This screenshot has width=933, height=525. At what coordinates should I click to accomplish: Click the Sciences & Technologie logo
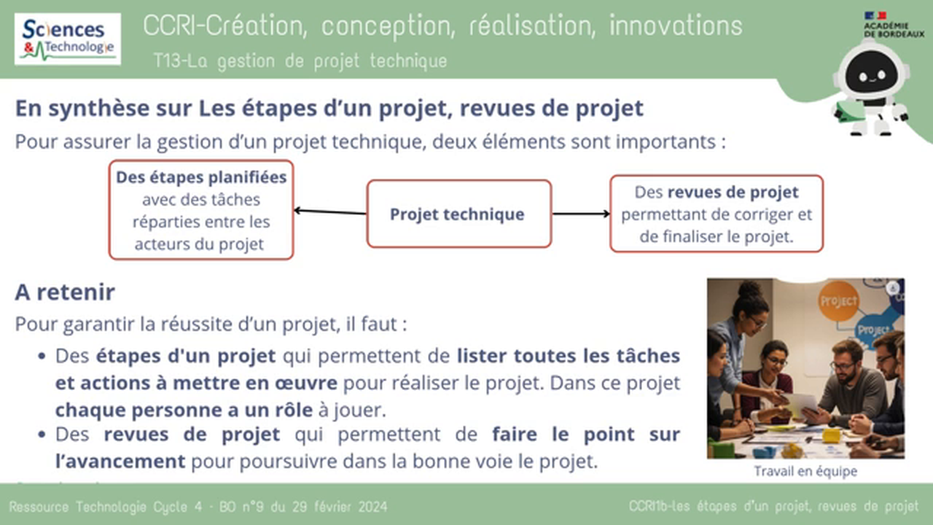68,39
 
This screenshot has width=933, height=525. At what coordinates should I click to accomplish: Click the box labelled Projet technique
458,214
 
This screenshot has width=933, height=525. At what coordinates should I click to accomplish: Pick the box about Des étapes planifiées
201,210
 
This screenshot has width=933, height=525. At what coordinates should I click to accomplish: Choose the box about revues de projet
717,214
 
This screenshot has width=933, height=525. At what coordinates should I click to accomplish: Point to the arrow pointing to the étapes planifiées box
329,212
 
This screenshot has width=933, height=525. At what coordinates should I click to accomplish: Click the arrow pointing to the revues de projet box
581,214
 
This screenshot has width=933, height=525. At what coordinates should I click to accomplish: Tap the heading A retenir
65,292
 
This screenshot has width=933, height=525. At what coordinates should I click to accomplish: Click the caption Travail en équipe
805,471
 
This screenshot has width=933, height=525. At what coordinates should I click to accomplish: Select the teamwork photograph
805,368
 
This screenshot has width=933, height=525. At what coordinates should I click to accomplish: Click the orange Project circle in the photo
838,301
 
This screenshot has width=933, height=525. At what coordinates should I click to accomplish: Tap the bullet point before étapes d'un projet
42,357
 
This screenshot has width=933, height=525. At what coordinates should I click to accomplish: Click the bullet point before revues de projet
42,435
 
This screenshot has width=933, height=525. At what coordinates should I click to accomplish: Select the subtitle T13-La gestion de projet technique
300,61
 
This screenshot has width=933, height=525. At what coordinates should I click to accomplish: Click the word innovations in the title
676,26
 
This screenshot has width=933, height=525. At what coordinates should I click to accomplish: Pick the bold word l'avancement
120,462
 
